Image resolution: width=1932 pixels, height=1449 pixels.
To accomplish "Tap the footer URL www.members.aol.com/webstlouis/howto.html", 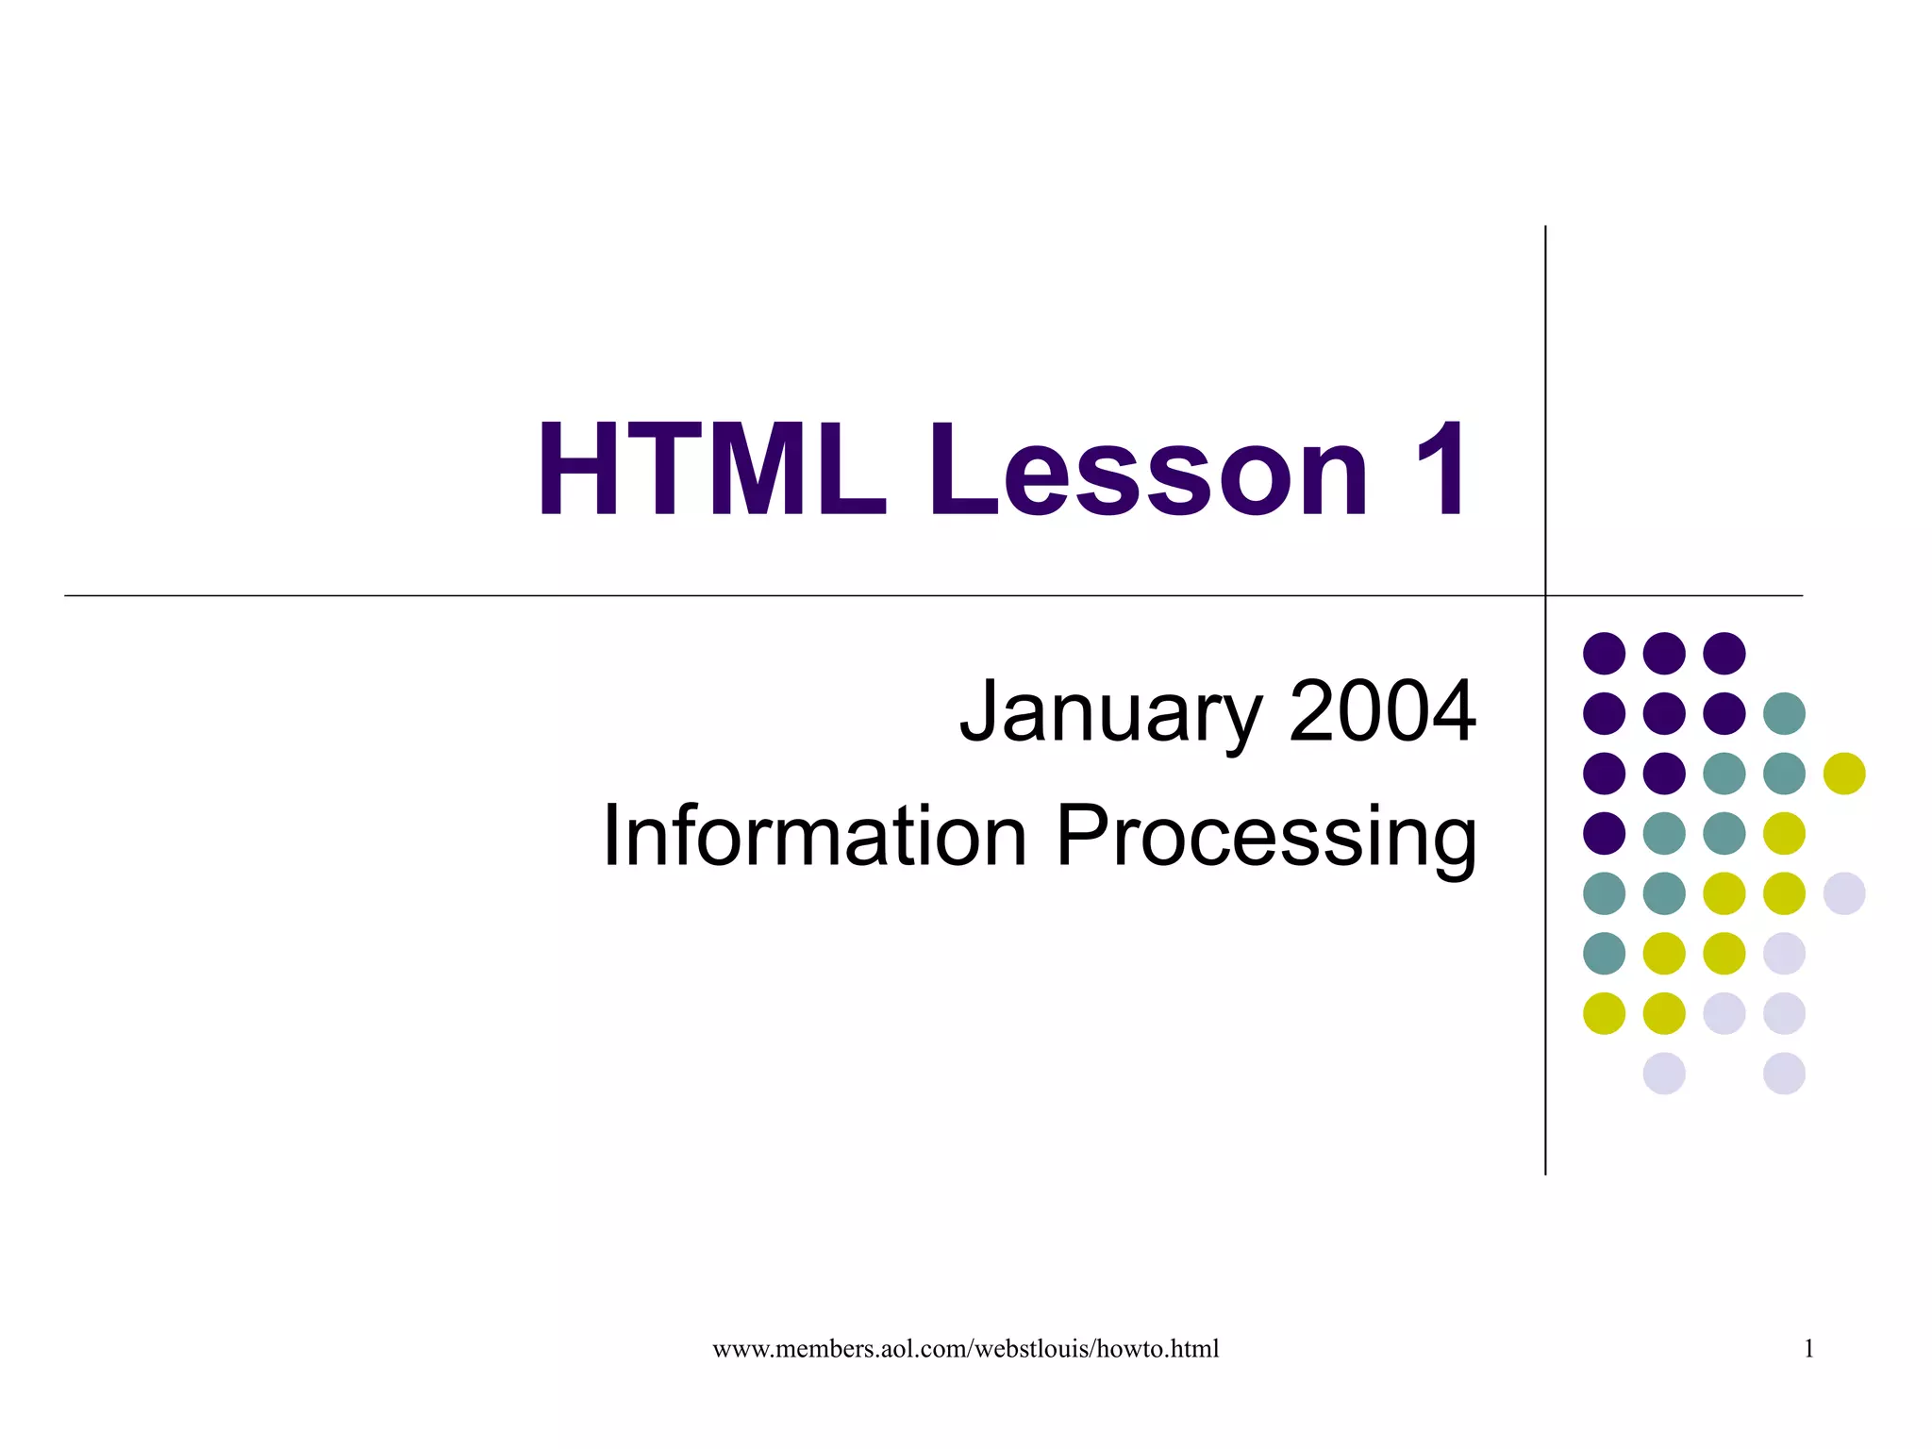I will pyautogui.click(x=965, y=1349).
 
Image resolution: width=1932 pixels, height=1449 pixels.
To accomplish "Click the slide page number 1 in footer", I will pyautogui.click(x=1808, y=1349).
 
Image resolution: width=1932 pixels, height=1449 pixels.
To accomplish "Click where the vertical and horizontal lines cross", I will pyautogui.click(x=1545, y=595).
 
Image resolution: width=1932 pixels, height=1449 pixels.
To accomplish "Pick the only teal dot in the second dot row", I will pyautogui.click(x=1784, y=713).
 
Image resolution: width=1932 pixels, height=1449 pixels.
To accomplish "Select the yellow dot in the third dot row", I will pyautogui.click(x=1843, y=774).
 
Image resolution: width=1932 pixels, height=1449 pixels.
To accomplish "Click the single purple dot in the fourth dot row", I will pyautogui.click(x=1604, y=833).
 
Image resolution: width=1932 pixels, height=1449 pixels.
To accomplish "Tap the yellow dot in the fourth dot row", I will pyautogui.click(x=1784, y=833).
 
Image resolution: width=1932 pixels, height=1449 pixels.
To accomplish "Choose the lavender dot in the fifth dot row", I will pyautogui.click(x=1843, y=893).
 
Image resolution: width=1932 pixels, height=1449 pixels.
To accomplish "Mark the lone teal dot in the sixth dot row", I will pyautogui.click(x=1604, y=953).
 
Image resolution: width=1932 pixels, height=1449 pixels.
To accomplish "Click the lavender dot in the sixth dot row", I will pyautogui.click(x=1784, y=953).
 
